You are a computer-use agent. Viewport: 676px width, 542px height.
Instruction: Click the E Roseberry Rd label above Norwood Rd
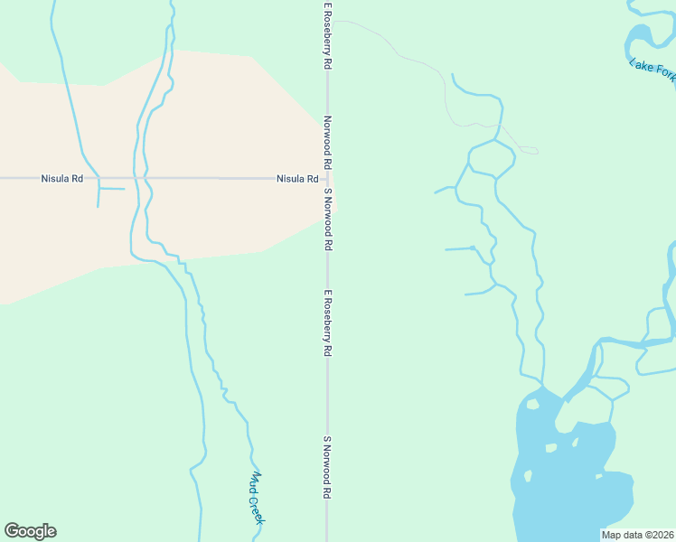pos(328,37)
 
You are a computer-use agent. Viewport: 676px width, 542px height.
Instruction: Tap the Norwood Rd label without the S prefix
pos(328,143)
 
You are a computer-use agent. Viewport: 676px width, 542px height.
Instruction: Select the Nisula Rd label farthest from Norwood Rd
pos(62,179)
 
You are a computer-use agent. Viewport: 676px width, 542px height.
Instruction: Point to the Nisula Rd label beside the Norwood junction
pos(297,179)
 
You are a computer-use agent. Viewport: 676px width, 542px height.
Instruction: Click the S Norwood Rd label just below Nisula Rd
pos(328,220)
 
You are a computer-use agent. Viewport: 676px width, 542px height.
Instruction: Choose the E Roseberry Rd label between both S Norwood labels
pos(328,322)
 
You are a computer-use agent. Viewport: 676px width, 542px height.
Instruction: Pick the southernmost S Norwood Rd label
pos(328,469)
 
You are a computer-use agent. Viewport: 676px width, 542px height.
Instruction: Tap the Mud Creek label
pos(257,498)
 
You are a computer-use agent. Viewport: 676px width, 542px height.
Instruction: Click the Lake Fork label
pos(652,71)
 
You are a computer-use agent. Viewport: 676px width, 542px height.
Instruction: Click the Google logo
pos(30,531)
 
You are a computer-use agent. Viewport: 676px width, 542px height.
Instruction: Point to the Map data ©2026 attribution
pos(637,535)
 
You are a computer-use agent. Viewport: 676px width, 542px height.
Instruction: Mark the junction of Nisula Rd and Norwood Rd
pos(327,179)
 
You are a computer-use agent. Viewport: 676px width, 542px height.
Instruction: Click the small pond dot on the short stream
pos(473,248)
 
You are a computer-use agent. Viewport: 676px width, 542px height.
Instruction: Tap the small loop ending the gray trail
pos(529,150)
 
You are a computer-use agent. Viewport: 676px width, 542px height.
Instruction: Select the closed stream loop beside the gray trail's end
pos(492,158)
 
